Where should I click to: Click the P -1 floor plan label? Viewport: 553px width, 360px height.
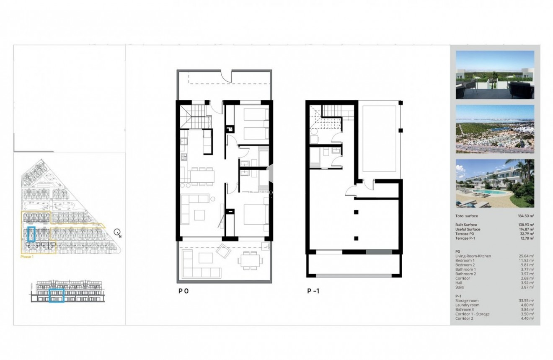(x=313, y=290)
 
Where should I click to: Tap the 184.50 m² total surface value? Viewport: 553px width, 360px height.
(x=526, y=216)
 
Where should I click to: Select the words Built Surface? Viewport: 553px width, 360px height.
(x=466, y=225)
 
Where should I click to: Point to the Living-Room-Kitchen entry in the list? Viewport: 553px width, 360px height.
(x=473, y=256)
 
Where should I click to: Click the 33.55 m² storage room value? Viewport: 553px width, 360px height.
(x=526, y=300)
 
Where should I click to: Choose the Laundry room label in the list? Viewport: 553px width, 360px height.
(x=467, y=305)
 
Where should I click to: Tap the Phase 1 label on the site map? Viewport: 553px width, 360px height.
(x=27, y=257)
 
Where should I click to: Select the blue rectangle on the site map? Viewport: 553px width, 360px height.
(x=31, y=234)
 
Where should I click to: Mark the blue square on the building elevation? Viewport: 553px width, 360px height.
(x=56, y=295)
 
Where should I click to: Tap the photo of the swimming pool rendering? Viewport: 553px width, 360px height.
(x=494, y=183)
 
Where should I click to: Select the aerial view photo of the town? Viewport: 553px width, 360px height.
(x=494, y=129)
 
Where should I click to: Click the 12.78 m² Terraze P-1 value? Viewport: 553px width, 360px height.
(x=526, y=238)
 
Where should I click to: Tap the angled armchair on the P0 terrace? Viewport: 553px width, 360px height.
(x=222, y=251)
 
